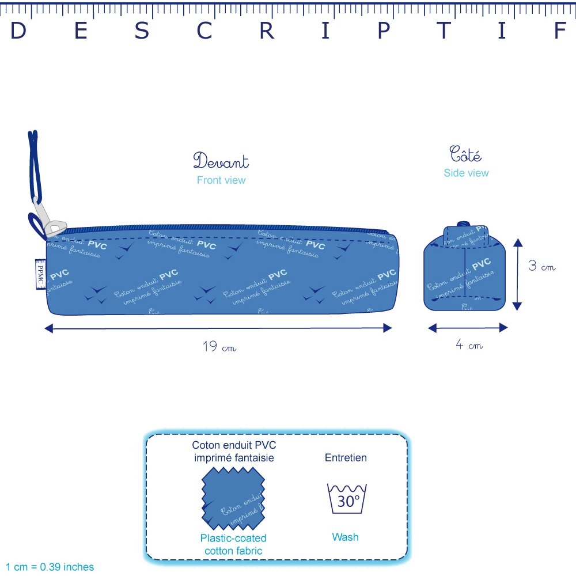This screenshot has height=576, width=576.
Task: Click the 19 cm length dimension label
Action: (219, 347)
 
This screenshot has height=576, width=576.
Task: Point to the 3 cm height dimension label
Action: (543, 267)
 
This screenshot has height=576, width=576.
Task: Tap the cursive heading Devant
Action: (221, 161)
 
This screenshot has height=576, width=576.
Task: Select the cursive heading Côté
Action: (465, 155)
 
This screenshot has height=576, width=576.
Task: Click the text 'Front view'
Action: (221, 180)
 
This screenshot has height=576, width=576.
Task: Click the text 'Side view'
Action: (466, 173)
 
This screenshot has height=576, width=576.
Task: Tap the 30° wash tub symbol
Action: (347, 499)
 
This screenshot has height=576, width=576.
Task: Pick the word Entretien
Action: (346, 458)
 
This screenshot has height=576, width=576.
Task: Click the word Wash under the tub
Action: (345, 537)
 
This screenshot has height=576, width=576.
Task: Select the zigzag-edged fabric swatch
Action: (233, 499)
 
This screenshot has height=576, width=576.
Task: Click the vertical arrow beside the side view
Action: (517, 274)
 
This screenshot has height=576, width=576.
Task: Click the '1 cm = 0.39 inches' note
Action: (50, 567)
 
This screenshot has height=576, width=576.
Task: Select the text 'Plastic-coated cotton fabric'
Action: (233, 544)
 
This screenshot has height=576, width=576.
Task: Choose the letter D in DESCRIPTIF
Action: (18, 32)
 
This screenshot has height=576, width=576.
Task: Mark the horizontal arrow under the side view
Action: (468, 328)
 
